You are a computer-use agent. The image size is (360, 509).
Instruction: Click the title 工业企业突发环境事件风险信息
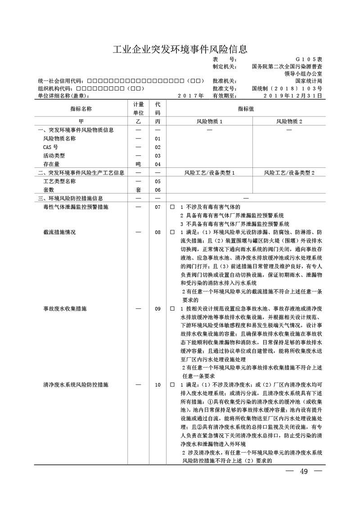pos(180,49)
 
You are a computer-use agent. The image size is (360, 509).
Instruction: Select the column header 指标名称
pos(81,108)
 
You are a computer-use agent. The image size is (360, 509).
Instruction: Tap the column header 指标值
pos(246,108)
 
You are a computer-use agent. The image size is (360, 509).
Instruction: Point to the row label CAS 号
pos(50,147)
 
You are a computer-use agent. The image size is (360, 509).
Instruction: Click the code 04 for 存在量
pos(157,164)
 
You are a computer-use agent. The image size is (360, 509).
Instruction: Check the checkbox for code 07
pos(172,207)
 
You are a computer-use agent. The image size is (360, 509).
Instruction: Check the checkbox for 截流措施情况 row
pos(172,233)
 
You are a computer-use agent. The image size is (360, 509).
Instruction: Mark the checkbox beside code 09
pos(172,309)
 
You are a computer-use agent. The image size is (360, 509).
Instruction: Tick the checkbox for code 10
pos(172,386)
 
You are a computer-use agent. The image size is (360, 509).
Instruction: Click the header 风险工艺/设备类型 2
pos(289,173)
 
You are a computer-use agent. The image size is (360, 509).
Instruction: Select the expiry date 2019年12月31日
pos(292,96)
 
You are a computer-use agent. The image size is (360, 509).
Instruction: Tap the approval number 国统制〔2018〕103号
pos(287,89)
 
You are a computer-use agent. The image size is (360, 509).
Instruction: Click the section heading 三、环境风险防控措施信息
pos(71,198)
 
